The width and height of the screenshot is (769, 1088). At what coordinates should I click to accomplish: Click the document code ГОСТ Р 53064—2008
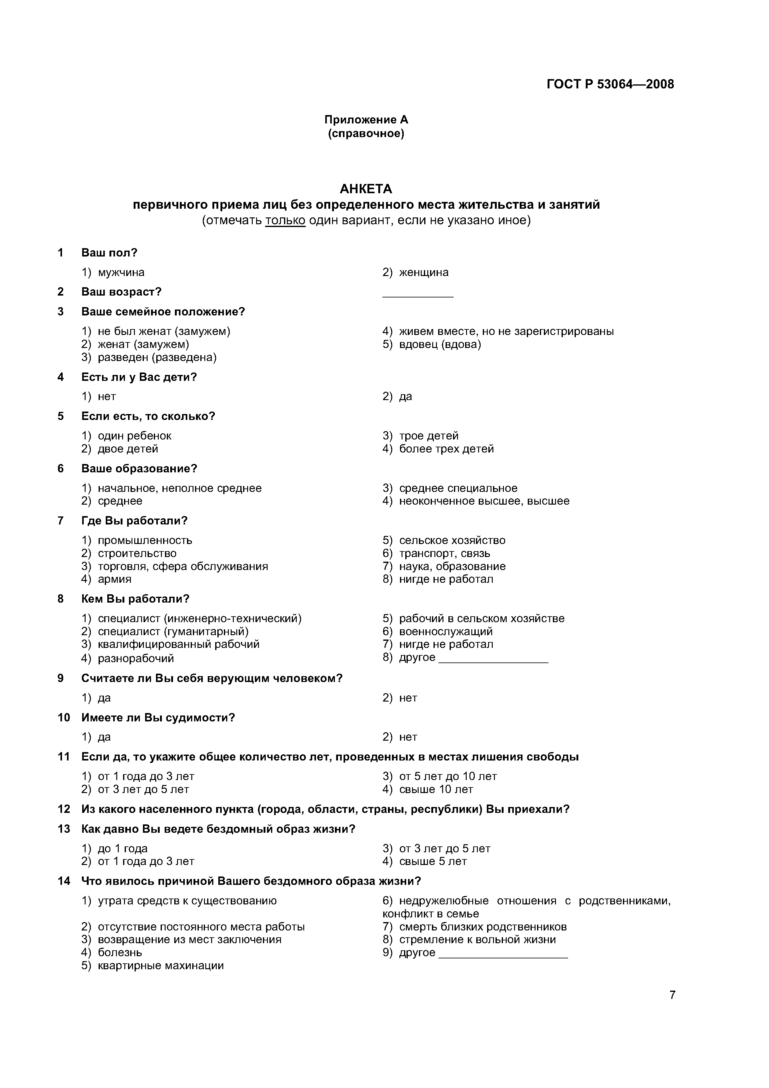[610, 84]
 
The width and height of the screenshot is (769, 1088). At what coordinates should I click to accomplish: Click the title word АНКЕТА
[366, 189]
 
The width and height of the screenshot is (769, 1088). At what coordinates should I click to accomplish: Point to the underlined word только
[285, 220]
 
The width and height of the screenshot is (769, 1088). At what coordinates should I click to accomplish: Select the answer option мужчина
[121, 273]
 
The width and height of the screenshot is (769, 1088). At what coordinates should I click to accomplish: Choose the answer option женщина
[424, 273]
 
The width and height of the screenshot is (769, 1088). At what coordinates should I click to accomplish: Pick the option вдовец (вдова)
[440, 345]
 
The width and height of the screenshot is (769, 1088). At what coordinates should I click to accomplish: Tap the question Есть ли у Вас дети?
[139, 377]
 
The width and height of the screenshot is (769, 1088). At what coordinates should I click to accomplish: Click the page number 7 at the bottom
[672, 995]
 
